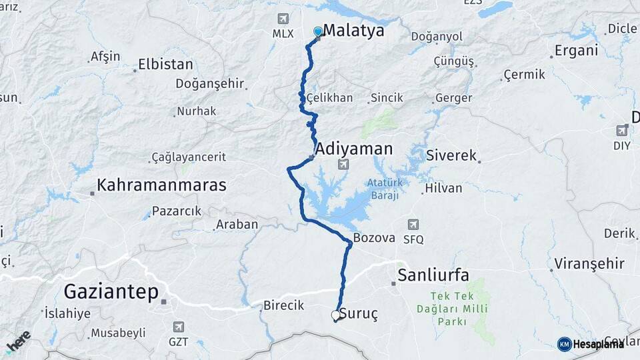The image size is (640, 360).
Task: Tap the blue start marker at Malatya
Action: coord(318,31)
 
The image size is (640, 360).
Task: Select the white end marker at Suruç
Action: coord(336,315)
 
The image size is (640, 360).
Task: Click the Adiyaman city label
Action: coord(354,148)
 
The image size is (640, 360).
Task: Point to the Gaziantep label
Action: coord(111,291)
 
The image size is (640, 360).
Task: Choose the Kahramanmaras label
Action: coord(161,185)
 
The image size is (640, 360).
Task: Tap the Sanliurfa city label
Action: coord(433,275)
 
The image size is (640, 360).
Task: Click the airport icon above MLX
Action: coord(283,19)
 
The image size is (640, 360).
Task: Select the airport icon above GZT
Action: coord(178,327)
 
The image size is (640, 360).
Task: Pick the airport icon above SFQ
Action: coord(413,225)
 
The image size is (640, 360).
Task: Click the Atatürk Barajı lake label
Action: coord(383,189)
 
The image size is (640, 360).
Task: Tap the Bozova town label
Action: coord(374,237)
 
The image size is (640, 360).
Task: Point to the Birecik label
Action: coord(283,305)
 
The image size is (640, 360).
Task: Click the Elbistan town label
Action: coord(165,65)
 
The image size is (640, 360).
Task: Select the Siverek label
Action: coord(453,156)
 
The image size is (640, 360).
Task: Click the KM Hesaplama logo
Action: coord(591,344)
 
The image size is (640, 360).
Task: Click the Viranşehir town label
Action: coord(582,263)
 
